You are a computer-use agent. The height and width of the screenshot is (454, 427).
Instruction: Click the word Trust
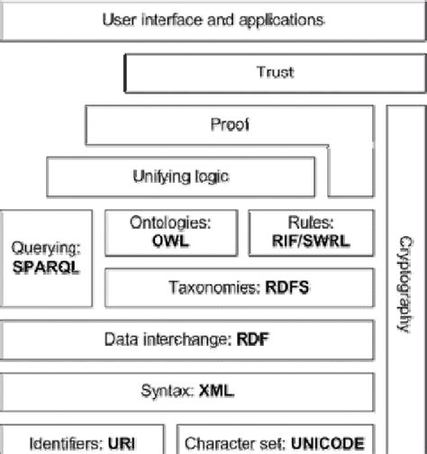[275, 72]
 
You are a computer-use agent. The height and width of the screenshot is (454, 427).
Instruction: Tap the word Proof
[229, 125]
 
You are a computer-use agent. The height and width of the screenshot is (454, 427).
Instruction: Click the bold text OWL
[171, 241]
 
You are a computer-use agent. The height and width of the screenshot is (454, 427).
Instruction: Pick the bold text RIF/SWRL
[310, 241]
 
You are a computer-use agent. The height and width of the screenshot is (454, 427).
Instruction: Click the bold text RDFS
[287, 289]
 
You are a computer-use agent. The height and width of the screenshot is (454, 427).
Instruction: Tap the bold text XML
[217, 391]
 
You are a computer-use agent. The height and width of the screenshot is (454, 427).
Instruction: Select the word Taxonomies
[214, 289]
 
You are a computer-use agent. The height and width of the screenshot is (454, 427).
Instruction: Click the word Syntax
[168, 391]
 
